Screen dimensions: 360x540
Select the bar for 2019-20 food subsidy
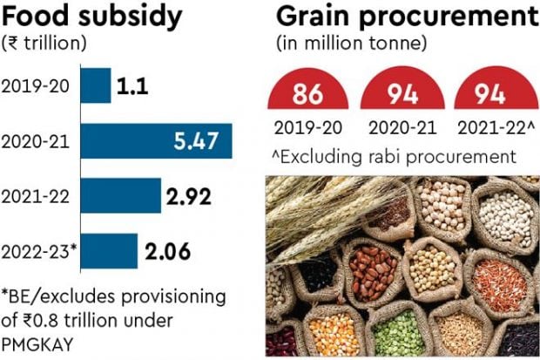[96, 85]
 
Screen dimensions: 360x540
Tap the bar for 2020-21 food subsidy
[156, 141]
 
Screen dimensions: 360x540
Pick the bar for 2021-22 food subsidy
[121, 196]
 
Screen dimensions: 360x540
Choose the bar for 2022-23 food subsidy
[109, 251]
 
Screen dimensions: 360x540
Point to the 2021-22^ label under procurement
[492, 128]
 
